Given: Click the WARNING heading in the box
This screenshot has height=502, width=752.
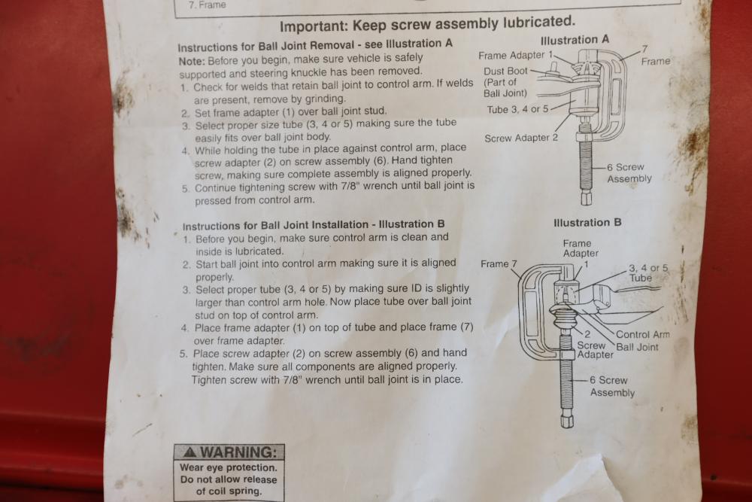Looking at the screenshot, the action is point(238,452).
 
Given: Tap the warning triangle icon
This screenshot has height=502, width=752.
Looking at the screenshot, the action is point(190,452).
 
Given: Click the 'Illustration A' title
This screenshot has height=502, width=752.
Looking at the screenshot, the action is point(575,40).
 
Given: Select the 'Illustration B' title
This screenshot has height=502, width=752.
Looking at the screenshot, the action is point(587,223).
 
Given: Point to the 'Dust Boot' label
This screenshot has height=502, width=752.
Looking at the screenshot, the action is point(505,71).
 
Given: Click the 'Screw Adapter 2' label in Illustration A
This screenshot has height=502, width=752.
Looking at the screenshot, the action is point(521,138).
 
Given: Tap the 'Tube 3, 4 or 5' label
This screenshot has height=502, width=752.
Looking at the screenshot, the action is point(517,109).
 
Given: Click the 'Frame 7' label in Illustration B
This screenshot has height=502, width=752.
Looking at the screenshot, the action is point(499,264).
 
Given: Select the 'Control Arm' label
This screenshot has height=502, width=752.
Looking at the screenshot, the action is point(643,334).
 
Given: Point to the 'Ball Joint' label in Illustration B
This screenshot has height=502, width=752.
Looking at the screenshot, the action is point(637,347).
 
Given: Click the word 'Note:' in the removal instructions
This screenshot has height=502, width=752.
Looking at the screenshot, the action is point(192,62).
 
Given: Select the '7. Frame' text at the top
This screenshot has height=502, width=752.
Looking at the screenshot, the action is point(207,5).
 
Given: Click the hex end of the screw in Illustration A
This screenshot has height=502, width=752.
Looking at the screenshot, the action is point(586,198).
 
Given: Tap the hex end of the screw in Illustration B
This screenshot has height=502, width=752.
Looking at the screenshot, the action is point(567,419).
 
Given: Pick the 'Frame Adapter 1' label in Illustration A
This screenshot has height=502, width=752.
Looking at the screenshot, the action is point(516,56).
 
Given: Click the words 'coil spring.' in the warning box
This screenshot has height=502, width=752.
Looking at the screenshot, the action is point(229,491).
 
